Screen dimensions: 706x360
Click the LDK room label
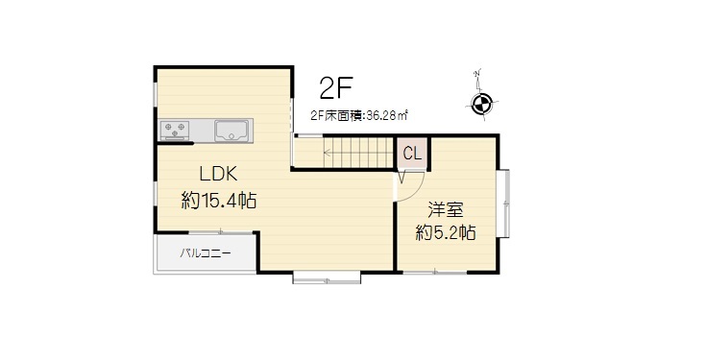tap(219, 174)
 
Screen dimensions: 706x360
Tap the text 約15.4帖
tap(219, 201)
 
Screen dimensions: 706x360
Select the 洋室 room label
tap(446, 210)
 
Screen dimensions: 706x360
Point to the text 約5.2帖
tap(446, 232)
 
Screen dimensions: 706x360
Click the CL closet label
tap(412, 154)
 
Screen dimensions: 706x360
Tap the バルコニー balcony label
tap(206, 253)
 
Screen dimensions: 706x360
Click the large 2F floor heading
tap(335, 88)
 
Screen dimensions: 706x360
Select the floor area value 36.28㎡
tap(387, 115)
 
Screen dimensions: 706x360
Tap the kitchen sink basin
tap(232, 131)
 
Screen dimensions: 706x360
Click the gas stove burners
tap(174, 130)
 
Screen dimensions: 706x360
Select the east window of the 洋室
tap(504, 204)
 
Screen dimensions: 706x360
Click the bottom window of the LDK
tap(327, 277)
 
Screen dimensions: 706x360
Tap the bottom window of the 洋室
tap(434, 272)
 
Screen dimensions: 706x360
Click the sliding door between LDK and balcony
tap(221, 232)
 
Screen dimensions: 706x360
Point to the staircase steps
tap(345, 152)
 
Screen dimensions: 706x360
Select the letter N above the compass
tap(477, 73)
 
